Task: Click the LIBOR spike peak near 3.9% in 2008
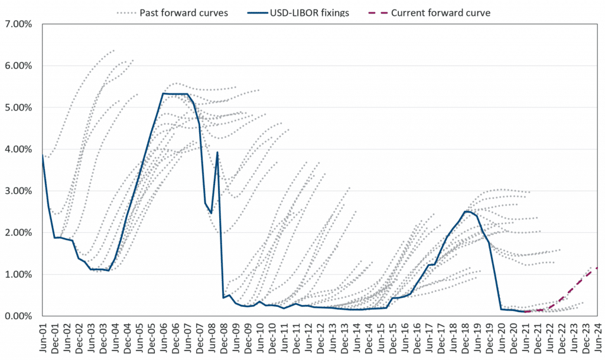pos(217,153)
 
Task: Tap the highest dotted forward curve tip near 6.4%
pos(114,50)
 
